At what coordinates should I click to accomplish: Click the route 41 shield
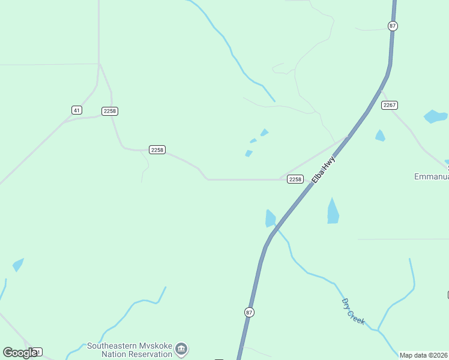click(76, 110)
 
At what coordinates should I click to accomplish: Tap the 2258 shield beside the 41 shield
click(109, 111)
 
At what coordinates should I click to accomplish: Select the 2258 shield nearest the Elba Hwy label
click(295, 179)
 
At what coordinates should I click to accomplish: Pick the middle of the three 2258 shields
click(157, 149)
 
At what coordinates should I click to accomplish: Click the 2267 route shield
click(390, 105)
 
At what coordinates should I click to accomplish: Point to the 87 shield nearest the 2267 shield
click(393, 26)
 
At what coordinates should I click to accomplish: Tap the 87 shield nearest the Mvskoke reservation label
click(249, 312)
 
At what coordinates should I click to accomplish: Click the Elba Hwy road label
click(322, 170)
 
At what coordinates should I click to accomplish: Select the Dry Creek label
click(353, 311)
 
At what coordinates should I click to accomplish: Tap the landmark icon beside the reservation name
click(182, 349)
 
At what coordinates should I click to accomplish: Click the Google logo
click(20, 353)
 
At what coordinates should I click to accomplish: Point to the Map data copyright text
click(424, 355)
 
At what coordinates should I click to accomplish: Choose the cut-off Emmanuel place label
click(432, 176)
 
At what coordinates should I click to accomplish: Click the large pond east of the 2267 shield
click(435, 116)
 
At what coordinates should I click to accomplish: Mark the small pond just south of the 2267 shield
click(379, 136)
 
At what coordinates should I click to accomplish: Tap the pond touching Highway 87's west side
click(270, 219)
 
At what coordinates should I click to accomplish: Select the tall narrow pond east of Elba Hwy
click(333, 211)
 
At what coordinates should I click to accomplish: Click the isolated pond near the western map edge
click(18, 264)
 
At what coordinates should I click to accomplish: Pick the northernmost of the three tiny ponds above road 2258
click(264, 132)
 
